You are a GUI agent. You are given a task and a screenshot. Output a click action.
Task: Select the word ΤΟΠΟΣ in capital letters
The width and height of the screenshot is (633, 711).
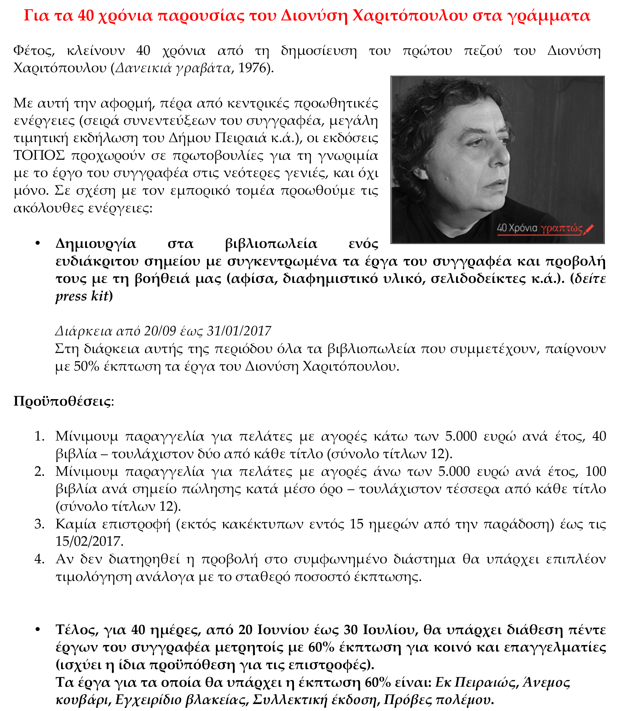(39, 155)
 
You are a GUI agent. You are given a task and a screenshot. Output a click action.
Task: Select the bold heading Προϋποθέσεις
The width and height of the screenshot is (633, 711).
(62, 401)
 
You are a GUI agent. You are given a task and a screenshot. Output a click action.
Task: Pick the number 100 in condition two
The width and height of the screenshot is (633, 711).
(596, 471)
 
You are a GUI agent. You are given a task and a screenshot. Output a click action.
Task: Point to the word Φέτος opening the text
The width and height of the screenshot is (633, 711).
(34, 51)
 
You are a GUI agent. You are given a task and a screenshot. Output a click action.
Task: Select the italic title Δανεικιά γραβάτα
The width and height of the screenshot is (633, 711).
(173, 68)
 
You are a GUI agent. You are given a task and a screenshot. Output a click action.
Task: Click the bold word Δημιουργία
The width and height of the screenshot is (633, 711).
(96, 244)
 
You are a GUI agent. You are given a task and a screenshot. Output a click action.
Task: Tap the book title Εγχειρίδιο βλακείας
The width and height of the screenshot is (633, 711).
(182, 700)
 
